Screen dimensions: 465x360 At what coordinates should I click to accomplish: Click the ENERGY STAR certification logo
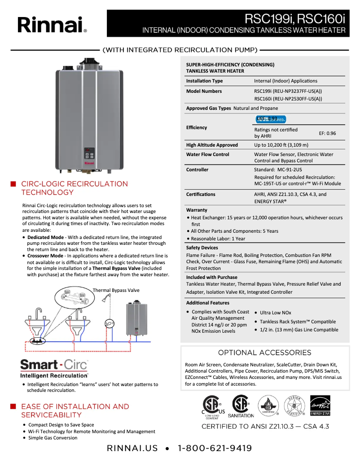320,405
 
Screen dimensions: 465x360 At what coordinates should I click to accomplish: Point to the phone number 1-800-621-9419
215,448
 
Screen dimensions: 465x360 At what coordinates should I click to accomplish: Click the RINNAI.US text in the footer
132,448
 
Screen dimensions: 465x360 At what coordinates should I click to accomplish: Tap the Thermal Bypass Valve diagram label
116,290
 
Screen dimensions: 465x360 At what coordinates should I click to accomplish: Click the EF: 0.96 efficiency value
327,133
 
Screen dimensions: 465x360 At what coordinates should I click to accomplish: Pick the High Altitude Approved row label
212,145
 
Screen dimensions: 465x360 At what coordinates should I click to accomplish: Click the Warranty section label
197,210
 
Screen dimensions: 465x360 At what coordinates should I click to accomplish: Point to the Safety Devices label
202,248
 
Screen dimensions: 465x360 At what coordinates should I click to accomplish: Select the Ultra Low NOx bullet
275,313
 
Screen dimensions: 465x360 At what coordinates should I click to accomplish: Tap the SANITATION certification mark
241,406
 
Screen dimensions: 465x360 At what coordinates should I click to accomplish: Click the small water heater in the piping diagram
136,318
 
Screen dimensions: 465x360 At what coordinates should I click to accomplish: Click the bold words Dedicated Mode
45,237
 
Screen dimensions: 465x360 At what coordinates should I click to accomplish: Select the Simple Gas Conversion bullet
53,438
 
